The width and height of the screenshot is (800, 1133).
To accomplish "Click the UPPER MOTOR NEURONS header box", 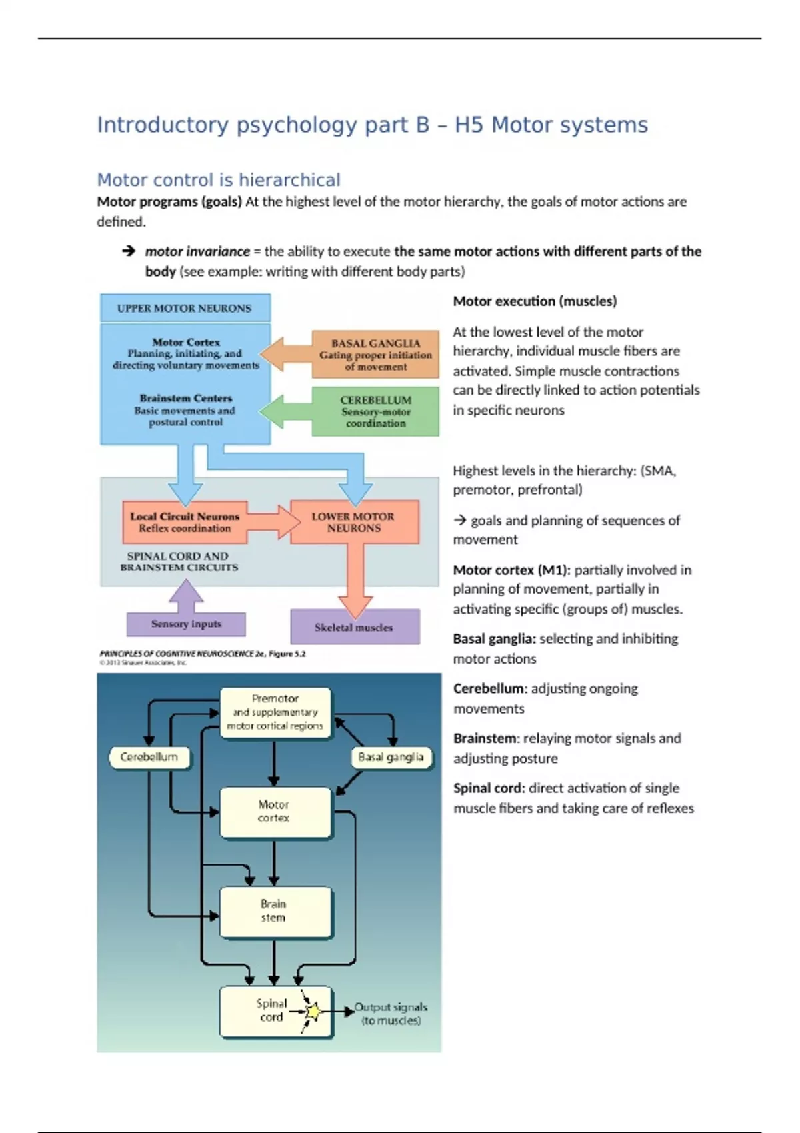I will (185, 308).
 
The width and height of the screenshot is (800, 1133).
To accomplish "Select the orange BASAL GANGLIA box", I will (375, 355).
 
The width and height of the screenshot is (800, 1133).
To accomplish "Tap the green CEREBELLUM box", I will (375, 411).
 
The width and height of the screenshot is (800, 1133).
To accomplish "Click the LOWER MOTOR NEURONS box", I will (353, 522).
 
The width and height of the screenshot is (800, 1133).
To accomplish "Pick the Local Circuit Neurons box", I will (185, 522).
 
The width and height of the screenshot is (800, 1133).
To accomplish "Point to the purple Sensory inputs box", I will (186, 624).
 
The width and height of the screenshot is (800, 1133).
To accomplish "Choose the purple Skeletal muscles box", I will (355, 627).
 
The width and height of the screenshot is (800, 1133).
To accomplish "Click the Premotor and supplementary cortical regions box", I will (275, 712).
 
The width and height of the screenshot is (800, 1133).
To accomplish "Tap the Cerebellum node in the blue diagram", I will (149, 757).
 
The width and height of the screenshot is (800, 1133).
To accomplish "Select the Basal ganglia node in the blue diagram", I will (391, 757).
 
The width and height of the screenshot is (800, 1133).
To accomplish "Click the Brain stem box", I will (274, 911).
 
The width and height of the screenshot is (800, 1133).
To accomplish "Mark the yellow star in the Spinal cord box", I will (312, 1012).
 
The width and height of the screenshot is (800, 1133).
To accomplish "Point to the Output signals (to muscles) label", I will (391, 1014).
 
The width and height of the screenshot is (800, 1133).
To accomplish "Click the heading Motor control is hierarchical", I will (219, 180).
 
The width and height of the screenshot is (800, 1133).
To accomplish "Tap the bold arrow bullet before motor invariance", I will (129, 251).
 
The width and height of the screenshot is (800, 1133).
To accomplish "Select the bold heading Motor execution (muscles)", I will (535, 301).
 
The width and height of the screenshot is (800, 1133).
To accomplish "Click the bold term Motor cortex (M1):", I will (511, 570).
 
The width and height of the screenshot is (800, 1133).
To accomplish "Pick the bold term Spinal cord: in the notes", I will (489, 788).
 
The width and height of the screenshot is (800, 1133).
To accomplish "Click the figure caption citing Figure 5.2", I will (202, 654).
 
